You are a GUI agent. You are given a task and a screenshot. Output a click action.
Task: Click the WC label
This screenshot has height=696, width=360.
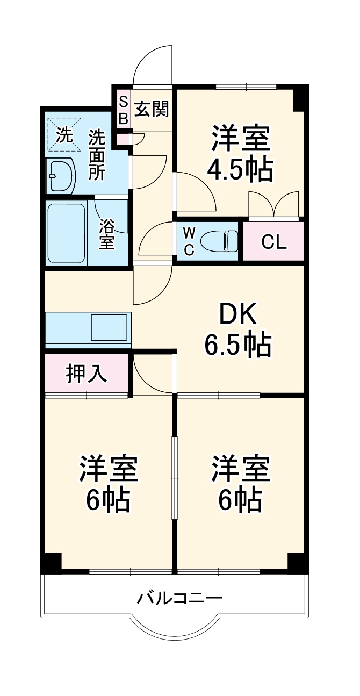coord(189,240)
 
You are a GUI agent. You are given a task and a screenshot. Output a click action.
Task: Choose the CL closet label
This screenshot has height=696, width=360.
coord(274,242)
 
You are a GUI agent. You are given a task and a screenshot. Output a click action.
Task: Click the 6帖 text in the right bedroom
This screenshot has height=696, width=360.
coord(240,500)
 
